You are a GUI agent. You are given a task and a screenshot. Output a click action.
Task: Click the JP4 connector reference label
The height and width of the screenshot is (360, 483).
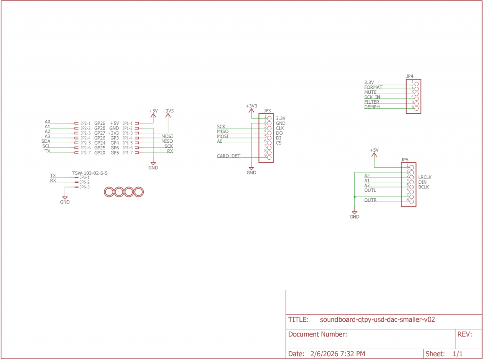409,76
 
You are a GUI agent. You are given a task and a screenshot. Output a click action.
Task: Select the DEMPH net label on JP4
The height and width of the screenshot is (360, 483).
372,107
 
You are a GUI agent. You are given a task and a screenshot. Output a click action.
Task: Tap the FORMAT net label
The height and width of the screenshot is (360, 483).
373,87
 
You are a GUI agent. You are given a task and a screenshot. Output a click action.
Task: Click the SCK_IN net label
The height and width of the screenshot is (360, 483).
372,97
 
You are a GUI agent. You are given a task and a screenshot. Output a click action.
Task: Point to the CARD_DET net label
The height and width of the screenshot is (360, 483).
228,156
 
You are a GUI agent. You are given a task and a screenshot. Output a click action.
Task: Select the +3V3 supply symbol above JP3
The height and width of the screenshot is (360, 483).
251,106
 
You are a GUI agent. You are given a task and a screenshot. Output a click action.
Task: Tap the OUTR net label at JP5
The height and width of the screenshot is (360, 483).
370,200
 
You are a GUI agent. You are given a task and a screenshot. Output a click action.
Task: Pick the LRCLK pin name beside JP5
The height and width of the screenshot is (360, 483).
425,177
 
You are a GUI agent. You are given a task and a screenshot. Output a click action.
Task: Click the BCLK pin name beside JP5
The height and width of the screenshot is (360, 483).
423,187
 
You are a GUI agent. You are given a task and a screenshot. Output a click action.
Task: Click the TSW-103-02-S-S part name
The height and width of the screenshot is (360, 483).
90,173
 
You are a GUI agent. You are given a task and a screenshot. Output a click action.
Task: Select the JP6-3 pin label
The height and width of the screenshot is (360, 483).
84,187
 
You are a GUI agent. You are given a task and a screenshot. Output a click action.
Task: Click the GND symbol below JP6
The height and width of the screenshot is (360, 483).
65,200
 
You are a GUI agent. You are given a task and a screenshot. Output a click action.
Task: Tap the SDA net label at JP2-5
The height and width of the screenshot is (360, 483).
46,141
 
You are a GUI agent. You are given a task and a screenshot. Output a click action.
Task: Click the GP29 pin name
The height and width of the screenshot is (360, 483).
100,123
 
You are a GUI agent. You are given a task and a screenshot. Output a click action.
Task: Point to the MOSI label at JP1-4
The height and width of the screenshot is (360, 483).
167,136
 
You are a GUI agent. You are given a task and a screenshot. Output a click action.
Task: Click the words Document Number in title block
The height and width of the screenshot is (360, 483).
317,335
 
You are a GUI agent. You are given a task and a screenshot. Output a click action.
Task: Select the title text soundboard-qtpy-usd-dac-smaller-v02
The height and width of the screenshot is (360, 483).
377,319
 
